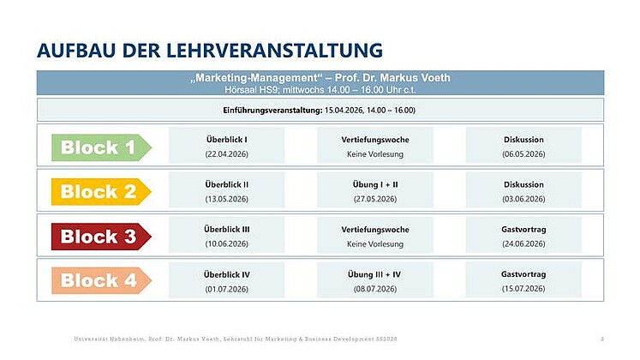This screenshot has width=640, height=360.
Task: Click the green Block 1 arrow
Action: click(99, 147)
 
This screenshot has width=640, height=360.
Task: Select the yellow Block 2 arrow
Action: click(99, 192)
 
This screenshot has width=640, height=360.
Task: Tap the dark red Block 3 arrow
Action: click(99, 237)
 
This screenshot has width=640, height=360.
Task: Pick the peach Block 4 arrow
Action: click(99, 280)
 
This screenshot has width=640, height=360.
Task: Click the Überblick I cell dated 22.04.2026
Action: click(227, 147)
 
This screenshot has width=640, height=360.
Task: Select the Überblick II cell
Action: click(227, 191)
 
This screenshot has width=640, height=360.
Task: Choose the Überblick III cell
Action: click(227, 236)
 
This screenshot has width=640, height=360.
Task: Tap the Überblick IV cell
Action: click(227, 280)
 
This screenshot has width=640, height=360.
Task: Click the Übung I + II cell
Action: click(375, 191)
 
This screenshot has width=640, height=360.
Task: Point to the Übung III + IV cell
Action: click(375, 280)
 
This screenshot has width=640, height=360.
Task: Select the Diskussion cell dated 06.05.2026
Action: click(523, 147)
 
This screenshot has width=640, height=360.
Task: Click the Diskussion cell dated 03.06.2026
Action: click(523, 191)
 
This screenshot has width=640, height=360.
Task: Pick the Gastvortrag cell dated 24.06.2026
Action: click(523, 236)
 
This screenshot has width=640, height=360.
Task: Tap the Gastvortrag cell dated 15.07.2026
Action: click(523, 280)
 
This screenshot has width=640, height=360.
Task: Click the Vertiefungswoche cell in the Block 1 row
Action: click(375, 147)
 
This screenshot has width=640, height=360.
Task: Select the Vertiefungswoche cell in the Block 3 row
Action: click(375, 236)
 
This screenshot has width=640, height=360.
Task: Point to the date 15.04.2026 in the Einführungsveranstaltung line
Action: click(350, 110)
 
